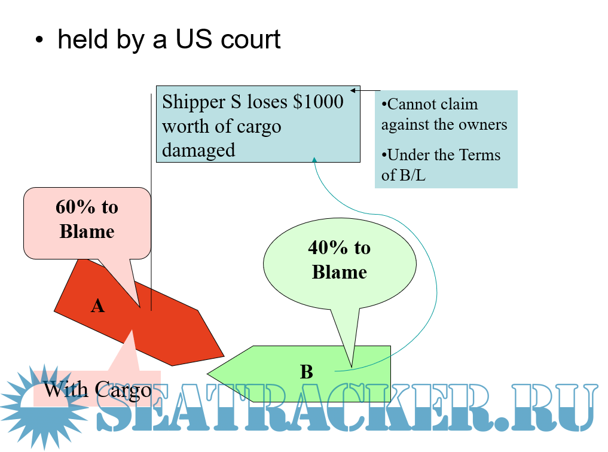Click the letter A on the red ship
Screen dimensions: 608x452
[x=97, y=306]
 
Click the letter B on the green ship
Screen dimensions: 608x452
[x=306, y=372]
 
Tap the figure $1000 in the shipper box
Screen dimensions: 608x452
[x=318, y=102]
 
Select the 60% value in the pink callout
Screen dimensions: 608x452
[x=75, y=207]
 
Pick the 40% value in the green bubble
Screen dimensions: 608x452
[x=328, y=248]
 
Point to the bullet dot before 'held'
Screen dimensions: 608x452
[x=39, y=40]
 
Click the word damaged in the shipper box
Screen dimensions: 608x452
[x=198, y=150]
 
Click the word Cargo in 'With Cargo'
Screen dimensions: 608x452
[x=123, y=390]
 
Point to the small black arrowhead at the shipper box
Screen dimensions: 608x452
[x=353, y=90]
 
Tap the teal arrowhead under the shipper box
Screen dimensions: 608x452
[x=314, y=160]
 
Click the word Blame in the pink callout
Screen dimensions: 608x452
[x=87, y=231]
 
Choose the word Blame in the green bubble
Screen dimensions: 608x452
[x=340, y=272]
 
